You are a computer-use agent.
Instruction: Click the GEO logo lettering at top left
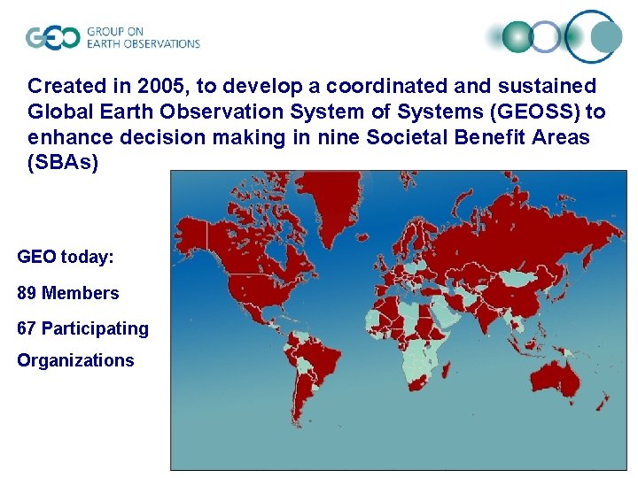click(52, 37)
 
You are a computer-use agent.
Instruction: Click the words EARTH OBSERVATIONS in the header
click(143, 43)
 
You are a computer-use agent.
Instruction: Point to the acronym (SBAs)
click(63, 164)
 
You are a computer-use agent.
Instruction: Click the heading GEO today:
click(65, 258)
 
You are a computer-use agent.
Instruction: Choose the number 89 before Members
click(27, 293)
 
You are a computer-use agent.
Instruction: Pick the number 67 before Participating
click(27, 328)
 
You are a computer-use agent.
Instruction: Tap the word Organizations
click(75, 360)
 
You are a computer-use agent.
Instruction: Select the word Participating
click(95, 328)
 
